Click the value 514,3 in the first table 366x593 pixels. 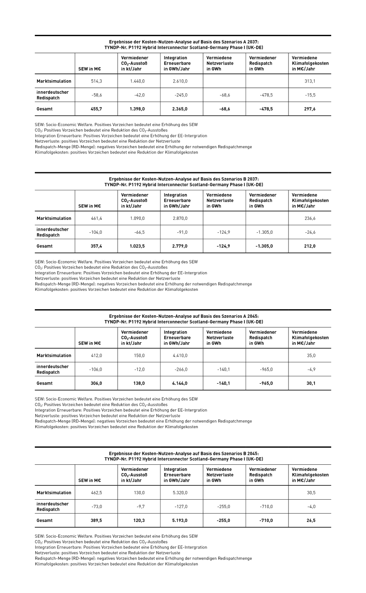pyautogui.click(x=96, y=81)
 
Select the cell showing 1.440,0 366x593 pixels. pyautogui.click(x=138, y=81)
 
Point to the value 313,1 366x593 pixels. pyautogui.click(x=310, y=81)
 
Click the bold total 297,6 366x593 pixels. pyautogui.click(x=310, y=109)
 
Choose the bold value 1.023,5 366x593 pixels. pyautogui.click(x=137, y=246)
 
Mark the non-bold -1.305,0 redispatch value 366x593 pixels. pyautogui.click(x=264, y=232)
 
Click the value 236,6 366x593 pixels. pyautogui.click(x=310, y=218)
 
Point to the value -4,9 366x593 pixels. pyautogui.click(x=311, y=369)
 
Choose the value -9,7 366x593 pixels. pyautogui.click(x=140, y=507)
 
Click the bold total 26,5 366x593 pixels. pyautogui.click(x=311, y=521)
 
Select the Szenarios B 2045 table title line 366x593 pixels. pyautogui.click(x=183, y=453)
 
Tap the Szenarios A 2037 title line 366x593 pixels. pyautogui.click(x=183, y=42)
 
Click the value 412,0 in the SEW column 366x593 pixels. pyautogui.click(x=96, y=355)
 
